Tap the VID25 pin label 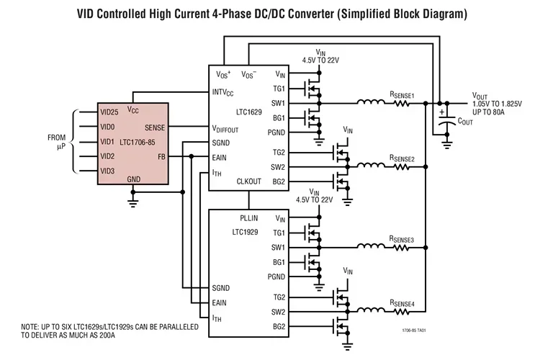(x=110, y=112)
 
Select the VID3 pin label (x=108, y=171)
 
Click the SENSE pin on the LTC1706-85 (x=154, y=127)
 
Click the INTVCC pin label (x=225, y=92)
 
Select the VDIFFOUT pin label (x=229, y=129)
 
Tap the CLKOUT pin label (x=249, y=182)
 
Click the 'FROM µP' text (x=57, y=141)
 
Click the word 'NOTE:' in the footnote (x=32, y=326)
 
